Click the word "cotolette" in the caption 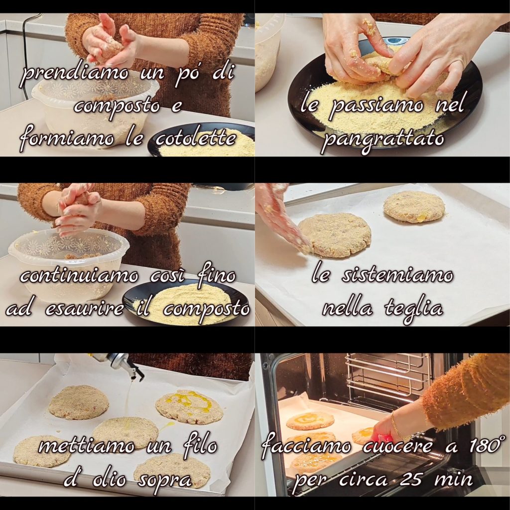pos(195,139)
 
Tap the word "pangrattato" pos(384,140)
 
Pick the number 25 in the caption pos(411,479)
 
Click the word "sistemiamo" pos(397,276)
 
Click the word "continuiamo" pos(79,276)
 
